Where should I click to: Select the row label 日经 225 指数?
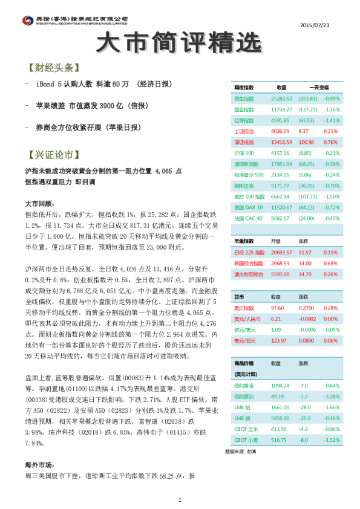click(x=249, y=253)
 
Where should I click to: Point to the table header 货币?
click(x=239, y=297)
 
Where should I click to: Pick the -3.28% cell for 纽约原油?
click(x=333, y=396)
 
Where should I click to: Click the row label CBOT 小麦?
click(x=246, y=440)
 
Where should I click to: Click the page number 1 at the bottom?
click(x=180, y=499)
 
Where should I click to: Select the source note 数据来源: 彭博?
click(x=239, y=451)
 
